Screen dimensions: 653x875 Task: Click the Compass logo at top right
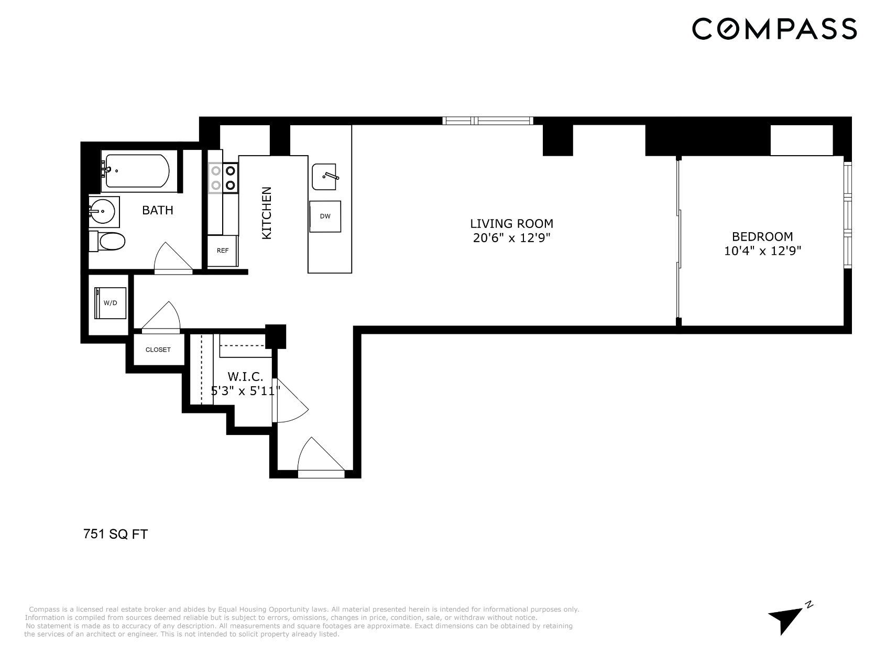point(774,28)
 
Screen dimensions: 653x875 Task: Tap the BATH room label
point(158,210)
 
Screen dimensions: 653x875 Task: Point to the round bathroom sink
point(103,212)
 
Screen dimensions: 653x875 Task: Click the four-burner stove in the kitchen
point(223,178)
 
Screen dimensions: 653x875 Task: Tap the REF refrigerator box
point(223,251)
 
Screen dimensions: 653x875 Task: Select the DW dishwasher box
point(325,216)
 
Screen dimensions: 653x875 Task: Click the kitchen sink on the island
point(324,177)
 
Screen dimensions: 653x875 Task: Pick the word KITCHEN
point(267,213)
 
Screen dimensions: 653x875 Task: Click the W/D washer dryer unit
point(110,303)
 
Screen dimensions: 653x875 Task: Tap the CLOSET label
point(158,350)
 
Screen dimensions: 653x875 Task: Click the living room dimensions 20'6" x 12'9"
point(511,238)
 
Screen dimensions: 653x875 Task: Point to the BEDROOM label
point(762,236)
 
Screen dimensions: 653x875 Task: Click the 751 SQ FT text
point(116,535)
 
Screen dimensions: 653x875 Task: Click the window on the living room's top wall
point(488,121)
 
